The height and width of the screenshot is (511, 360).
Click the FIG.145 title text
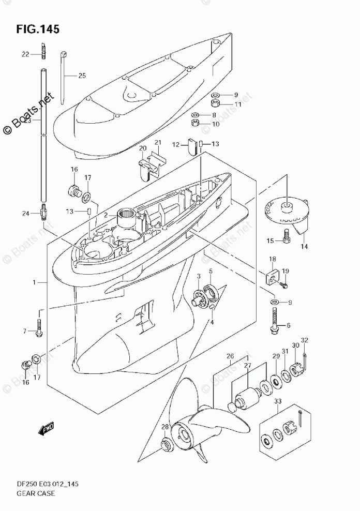click(38, 29)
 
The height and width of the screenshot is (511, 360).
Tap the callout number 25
click(82, 76)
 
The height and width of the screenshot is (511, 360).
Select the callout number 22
click(25, 54)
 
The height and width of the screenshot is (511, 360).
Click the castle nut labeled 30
click(295, 371)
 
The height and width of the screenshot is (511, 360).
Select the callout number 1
click(34, 283)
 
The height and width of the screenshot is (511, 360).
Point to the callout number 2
click(105, 215)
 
